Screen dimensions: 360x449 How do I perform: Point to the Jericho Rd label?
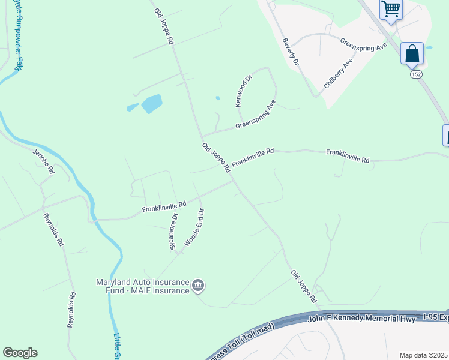[x=43, y=161]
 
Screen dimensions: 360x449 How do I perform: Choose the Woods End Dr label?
[x=194, y=227]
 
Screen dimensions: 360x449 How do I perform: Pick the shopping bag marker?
[x=412, y=53]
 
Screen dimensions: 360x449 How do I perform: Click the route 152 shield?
[x=416, y=74]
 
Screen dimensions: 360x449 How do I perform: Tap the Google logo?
[x=20, y=352]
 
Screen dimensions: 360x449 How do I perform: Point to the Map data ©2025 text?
[x=423, y=355]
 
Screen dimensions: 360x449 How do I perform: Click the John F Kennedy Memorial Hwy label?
[x=361, y=319]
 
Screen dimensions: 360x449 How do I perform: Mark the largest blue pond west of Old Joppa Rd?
[x=151, y=104]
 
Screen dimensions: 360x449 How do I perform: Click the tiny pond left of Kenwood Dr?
[x=217, y=98]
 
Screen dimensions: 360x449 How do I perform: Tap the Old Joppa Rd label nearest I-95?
[x=303, y=286]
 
